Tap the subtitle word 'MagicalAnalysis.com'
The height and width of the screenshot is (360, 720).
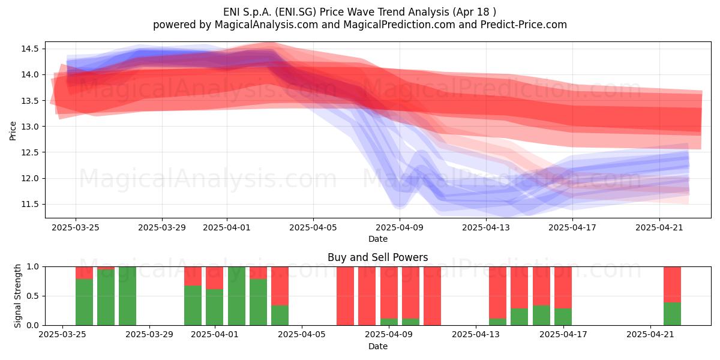[x=266, y=25]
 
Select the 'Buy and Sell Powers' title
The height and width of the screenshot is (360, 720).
[x=377, y=257]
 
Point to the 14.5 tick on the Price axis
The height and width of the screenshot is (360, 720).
[x=30, y=49]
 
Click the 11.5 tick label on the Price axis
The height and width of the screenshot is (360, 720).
[x=30, y=205]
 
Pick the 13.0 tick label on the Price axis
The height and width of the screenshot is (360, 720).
[x=30, y=127]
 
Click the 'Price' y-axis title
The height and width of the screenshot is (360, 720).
[x=13, y=131]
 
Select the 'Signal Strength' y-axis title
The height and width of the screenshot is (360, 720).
[x=17, y=296]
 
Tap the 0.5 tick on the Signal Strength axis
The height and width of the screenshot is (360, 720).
[x=33, y=296]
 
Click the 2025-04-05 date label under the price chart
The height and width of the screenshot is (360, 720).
[x=313, y=227]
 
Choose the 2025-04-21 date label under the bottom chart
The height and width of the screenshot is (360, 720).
[x=650, y=334]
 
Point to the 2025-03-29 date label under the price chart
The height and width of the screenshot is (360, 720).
[x=162, y=227]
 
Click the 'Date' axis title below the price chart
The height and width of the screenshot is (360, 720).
[x=378, y=239]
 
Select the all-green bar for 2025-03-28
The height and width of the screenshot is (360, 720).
[x=127, y=296]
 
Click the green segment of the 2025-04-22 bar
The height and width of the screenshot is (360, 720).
[x=672, y=314]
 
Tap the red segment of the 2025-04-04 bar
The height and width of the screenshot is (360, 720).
[x=280, y=286]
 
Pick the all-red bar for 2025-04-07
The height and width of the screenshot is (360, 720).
[x=345, y=296]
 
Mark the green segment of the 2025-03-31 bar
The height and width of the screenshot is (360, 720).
[x=193, y=305]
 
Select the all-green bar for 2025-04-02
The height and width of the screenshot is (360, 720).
[x=236, y=296]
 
